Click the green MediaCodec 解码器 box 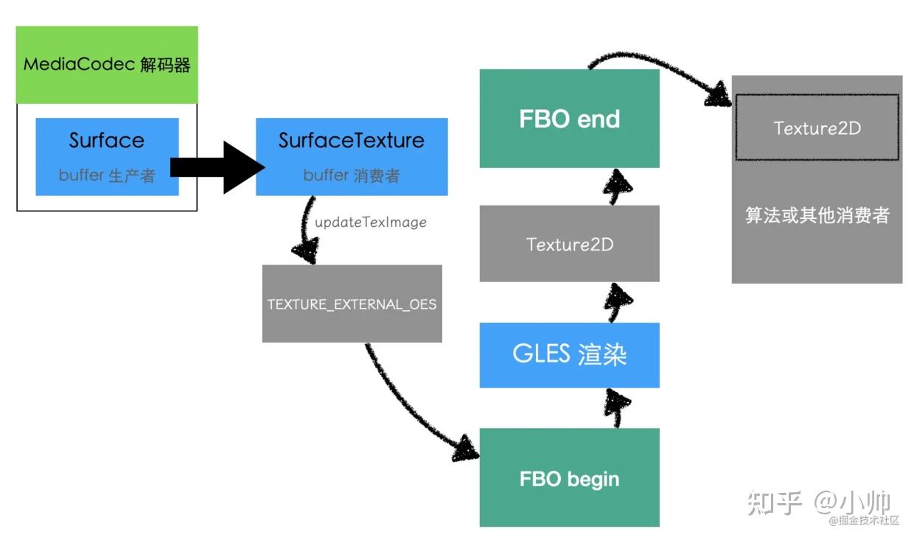tap(107, 65)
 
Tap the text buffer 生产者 tap(107, 176)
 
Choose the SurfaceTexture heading tap(352, 140)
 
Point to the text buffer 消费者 tap(352, 175)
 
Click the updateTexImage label tap(370, 222)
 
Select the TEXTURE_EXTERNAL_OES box tap(352, 304)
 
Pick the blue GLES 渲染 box tap(569, 354)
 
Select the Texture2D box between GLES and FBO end tap(569, 244)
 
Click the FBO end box tap(569, 119)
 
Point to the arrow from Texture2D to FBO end tap(618, 186)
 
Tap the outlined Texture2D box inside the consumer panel tap(817, 127)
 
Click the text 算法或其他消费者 tap(817, 215)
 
